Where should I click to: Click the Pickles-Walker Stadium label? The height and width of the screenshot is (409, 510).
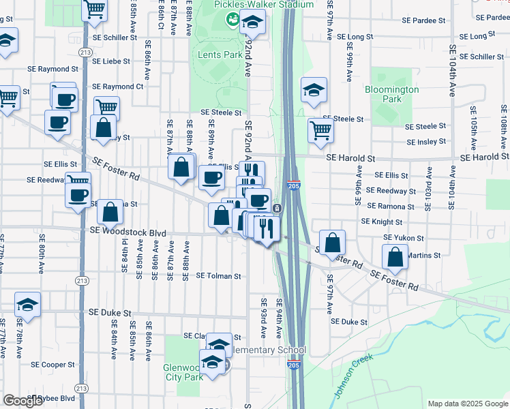coord(264,5)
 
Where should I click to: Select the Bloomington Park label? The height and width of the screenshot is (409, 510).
coord(391,94)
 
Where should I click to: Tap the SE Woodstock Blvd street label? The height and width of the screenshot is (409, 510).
coord(127,232)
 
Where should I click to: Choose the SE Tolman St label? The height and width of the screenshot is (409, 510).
coord(219,276)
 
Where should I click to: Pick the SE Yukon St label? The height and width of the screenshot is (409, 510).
coord(404,238)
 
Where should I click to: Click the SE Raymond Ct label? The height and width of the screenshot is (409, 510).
coord(117,87)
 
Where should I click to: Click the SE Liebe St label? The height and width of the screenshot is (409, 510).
coord(111,61)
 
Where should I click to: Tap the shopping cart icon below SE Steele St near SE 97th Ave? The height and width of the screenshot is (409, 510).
coord(320,130)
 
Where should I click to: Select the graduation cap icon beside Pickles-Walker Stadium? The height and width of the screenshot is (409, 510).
coord(252,24)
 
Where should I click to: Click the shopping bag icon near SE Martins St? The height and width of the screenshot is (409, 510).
coord(395,258)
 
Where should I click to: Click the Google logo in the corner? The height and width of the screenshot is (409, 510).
coord(22,401)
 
